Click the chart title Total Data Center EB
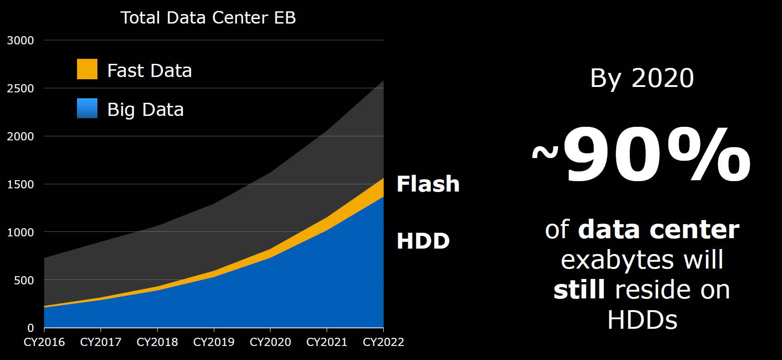coord(208,18)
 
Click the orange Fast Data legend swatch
coord(87,69)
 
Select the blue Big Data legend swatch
coord(87,108)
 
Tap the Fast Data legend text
coord(150,71)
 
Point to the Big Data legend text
coord(145,110)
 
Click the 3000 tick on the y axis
coord(20,40)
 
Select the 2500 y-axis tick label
coord(20,88)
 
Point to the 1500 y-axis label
coord(20,184)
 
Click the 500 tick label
coord(24,280)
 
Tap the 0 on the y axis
coord(30,328)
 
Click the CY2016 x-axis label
coord(44,342)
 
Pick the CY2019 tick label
coord(214,342)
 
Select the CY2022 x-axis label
coord(383,342)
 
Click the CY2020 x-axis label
coord(270,342)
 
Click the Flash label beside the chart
coord(428,184)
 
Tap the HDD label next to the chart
coord(423,241)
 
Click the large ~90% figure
coord(642,156)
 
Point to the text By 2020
coord(642,78)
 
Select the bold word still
coord(579,290)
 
